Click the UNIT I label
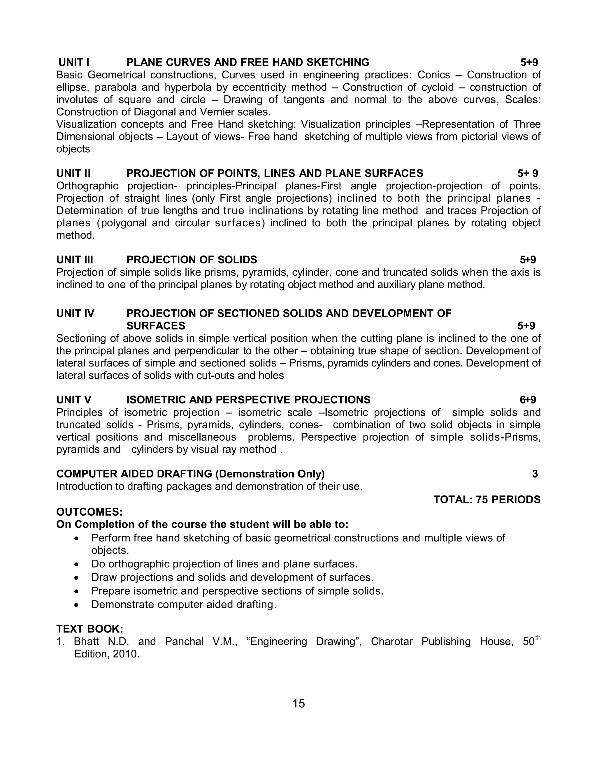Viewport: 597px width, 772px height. pyautogui.click(x=73, y=63)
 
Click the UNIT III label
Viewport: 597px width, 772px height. pyautogui.click(x=75, y=260)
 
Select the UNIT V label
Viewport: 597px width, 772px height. pyautogui.click(x=73, y=400)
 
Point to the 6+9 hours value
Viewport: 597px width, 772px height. pyautogui.click(x=528, y=400)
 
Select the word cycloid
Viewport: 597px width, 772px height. pyautogui.click(x=438, y=87)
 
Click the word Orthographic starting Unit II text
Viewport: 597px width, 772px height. pyautogui.click(x=87, y=186)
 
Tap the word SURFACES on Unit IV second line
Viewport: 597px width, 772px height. pyautogui.click(x=156, y=326)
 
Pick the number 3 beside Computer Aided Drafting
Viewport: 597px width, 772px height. pyautogui.click(x=535, y=474)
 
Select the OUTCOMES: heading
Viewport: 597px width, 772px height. pyautogui.click(x=89, y=512)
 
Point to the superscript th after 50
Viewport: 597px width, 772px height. pyautogui.click(x=538, y=638)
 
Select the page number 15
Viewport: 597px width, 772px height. pyautogui.click(x=298, y=704)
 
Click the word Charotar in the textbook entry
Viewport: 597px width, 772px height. pyautogui.click(x=391, y=641)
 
